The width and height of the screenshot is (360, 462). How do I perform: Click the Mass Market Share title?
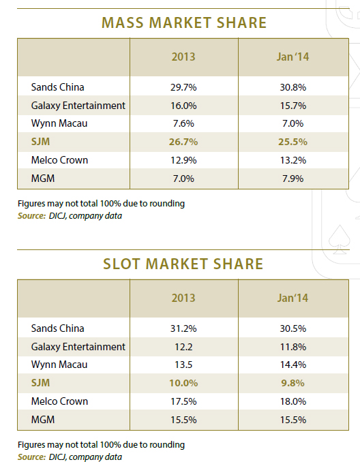point(184,22)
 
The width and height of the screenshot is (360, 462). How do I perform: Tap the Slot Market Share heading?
point(183,264)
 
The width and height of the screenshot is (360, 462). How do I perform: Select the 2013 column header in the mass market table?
point(183,57)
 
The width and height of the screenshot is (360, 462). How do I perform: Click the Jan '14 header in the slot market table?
point(292,298)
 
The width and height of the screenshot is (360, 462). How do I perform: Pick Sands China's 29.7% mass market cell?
point(183,87)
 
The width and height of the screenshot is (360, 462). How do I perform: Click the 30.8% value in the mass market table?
point(293,87)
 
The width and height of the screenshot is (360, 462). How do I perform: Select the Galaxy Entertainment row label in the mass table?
point(78,106)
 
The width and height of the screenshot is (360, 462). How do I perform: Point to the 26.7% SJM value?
point(183,142)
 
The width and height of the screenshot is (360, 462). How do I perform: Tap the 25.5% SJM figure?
point(292,142)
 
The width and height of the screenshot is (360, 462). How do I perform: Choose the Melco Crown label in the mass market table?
point(59,160)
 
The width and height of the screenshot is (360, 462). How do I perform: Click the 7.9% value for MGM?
point(292,179)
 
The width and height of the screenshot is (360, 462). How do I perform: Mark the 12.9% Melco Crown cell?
point(183,160)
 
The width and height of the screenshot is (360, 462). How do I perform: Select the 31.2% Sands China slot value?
point(183,328)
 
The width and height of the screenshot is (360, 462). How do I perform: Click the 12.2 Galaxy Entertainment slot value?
point(183,347)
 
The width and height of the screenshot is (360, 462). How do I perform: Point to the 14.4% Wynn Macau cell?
point(293,365)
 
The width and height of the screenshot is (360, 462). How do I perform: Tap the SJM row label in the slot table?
point(40,383)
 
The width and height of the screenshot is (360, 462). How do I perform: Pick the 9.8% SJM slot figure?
point(292,383)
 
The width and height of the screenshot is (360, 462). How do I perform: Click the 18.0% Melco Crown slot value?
point(293,401)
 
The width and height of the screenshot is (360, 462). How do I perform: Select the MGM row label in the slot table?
point(43,420)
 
